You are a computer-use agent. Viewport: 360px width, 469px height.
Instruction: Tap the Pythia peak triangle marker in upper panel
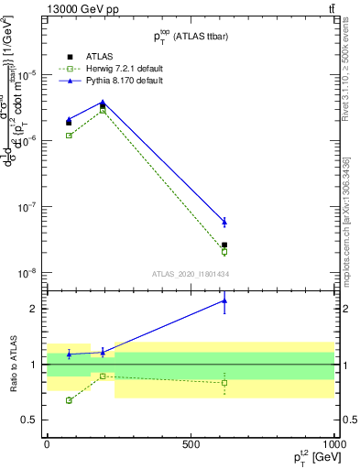click(x=103, y=103)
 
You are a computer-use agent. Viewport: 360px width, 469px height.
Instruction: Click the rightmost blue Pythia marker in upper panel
click(x=224, y=222)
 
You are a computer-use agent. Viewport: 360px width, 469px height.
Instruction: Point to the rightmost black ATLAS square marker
click(x=224, y=245)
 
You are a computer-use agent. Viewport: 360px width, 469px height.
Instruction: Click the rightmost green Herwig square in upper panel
click(x=224, y=252)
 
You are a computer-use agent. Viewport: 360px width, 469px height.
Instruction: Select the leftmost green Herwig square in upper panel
click(x=69, y=136)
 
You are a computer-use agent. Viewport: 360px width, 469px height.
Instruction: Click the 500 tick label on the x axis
click(x=191, y=443)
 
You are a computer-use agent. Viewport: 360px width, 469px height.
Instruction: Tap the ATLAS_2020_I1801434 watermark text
click(x=190, y=274)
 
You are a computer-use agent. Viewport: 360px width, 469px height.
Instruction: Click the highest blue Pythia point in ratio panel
click(x=224, y=300)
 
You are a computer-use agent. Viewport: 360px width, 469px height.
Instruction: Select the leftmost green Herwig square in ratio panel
click(x=69, y=400)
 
